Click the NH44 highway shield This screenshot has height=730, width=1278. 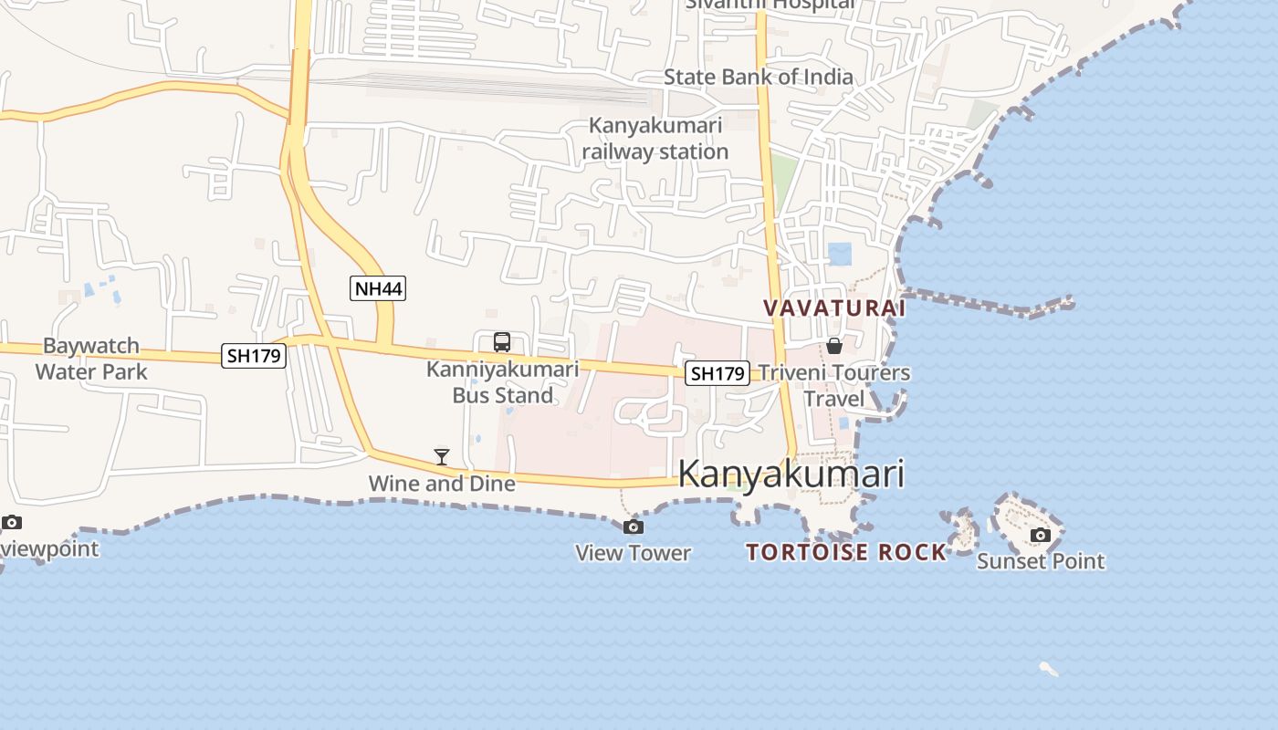click(378, 289)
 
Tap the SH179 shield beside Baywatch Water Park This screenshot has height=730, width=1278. click(254, 356)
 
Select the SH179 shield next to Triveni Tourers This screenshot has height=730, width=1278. click(718, 372)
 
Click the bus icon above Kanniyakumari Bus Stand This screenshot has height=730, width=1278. click(502, 342)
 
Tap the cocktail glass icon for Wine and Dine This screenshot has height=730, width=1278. click(442, 456)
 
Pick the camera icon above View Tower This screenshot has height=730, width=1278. click(633, 527)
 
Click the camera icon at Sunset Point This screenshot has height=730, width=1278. click(1040, 535)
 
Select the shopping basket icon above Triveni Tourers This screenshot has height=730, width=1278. click(834, 346)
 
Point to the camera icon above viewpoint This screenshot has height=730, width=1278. click(12, 523)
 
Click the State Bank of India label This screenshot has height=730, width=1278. click(758, 77)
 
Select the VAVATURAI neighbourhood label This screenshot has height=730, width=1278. click(834, 308)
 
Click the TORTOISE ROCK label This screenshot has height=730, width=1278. click(846, 552)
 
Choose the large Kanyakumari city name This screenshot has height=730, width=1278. click(791, 474)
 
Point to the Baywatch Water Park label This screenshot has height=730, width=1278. click(91, 359)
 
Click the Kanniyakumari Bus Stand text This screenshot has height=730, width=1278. click(503, 382)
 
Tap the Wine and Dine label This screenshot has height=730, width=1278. click(442, 483)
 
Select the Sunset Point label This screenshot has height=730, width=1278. click(1041, 561)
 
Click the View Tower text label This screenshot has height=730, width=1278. click(633, 553)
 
